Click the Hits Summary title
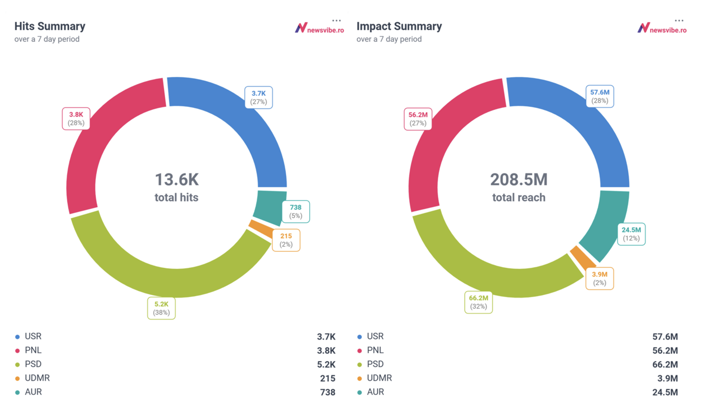click(50, 26)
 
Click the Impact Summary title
click(399, 26)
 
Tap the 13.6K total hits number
click(177, 180)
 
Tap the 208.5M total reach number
click(519, 180)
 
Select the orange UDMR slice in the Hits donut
click(260, 228)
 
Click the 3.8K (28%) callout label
click(76, 119)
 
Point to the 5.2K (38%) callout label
click(161, 308)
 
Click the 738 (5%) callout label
click(295, 211)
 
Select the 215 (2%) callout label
click(286, 240)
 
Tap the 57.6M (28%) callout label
click(600, 96)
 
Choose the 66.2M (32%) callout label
click(478, 302)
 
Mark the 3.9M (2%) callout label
click(599, 278)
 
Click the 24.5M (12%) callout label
click(631, 234)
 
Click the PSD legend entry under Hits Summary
click(33, 364)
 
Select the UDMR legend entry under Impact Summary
click(379, 378)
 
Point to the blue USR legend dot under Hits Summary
click(17, 336)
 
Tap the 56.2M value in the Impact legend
click(665, 351)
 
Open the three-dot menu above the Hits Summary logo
click(336, 21)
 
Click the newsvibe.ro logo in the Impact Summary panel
click(662, 28)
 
